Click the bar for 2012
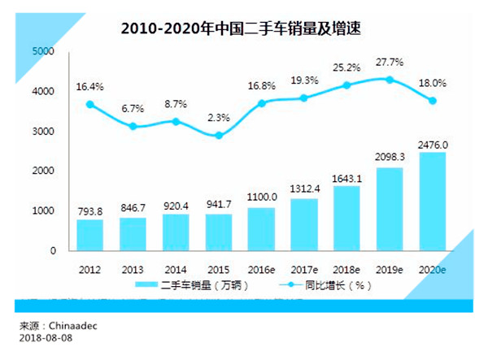(90, 235)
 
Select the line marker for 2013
(133, 127)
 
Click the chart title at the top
(241, 28)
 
